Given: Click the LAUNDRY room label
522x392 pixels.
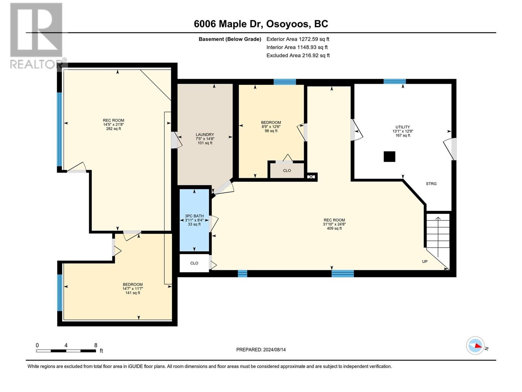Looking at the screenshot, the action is coord(205,135).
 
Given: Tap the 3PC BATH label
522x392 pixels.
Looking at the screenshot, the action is coord(194,216).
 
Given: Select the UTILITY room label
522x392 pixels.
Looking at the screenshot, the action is coord(403,127).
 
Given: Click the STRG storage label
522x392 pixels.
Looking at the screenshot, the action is coord(431,184).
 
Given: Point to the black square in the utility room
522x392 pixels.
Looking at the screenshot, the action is coord(389,156).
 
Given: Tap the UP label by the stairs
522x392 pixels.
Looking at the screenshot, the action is coord(425,262).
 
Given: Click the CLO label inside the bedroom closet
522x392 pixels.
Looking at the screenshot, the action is coord(287,171).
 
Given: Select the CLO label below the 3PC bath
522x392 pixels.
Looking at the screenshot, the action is coord(194,263).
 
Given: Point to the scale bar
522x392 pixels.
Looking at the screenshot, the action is coord(66,351).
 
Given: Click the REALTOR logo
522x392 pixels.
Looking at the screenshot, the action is coord(37,36).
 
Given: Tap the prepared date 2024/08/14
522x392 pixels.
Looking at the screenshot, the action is coord(274,350).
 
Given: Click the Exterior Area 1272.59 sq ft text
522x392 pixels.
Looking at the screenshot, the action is coord(298,39).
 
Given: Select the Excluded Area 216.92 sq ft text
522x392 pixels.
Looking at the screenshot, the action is coord(298,56).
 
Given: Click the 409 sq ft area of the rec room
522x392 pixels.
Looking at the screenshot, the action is coord(334,228).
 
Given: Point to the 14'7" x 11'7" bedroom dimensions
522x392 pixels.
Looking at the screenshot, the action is coord(133,288).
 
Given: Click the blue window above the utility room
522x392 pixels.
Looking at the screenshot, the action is coord(395,81).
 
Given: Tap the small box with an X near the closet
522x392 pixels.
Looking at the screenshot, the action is coord(311,177).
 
